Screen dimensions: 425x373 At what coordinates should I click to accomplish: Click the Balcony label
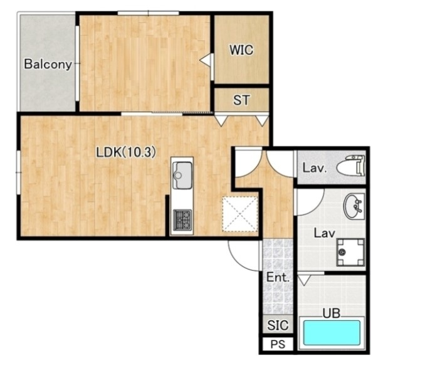pos(48,64)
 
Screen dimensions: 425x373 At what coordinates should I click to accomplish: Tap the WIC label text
pos(241,50)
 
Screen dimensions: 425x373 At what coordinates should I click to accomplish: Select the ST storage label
pos(241,100)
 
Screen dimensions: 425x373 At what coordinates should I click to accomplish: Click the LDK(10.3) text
pos(126,152)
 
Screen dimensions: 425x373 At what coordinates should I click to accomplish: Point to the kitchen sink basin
pos(182,175)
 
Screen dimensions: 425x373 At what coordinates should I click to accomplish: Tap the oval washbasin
pos(354,206)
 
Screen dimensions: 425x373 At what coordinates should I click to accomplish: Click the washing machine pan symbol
pos(350,252)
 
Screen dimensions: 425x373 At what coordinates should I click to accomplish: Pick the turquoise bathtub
pos(332,333)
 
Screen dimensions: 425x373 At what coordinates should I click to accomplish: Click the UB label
pos(331,313)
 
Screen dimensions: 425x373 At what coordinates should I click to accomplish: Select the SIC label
pos(278,325)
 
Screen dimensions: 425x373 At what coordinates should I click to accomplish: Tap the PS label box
pos(278,344)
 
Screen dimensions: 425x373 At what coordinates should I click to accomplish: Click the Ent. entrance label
pos(278,277)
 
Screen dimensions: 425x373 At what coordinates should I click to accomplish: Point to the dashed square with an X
pos(239,214)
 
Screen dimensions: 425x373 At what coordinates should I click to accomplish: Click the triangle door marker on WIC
pos(206,60)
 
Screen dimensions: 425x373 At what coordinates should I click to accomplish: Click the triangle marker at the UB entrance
pos(304,280)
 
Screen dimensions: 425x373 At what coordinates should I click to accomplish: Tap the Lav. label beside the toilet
pos(314,168)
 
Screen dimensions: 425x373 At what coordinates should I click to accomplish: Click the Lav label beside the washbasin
pos(324,233)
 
